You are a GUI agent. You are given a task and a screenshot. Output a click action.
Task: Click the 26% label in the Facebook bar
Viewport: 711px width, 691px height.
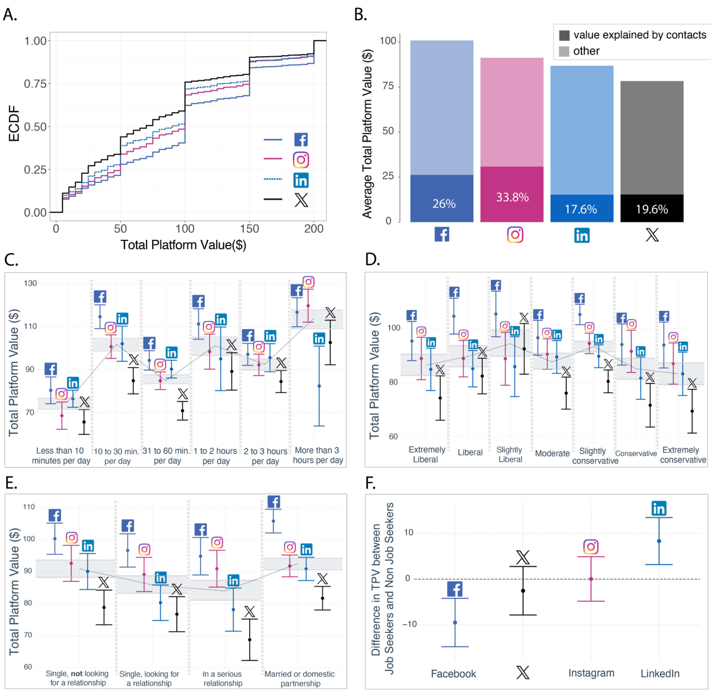[444, 204]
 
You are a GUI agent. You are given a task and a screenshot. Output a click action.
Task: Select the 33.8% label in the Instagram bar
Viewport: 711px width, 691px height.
[512, 197]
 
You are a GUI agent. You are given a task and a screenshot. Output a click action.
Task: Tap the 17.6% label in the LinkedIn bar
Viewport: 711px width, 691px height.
[581, 209]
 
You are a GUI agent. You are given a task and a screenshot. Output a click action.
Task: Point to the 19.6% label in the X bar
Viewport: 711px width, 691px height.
[652, 209]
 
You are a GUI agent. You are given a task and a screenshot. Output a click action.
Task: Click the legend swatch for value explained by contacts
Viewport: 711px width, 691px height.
[564, 35]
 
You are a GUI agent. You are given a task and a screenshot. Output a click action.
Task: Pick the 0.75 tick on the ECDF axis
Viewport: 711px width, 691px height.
[35, 84]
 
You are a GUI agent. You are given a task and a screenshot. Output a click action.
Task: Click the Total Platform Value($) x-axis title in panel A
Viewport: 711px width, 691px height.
[184, 245]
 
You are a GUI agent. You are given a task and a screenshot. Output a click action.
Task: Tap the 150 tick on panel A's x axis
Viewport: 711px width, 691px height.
[250, 229]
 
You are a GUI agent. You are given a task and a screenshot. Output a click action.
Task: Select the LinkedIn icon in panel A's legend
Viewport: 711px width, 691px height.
[301, 180]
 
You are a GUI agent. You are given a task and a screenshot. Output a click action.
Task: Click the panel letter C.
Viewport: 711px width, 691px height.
[11, 260]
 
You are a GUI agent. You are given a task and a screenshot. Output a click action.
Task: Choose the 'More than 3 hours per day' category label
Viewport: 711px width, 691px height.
[318, 455]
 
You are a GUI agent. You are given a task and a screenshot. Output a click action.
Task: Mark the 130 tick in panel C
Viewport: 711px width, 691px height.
[30, 283]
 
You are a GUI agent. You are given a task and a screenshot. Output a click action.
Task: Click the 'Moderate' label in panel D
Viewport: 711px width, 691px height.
[552, 453]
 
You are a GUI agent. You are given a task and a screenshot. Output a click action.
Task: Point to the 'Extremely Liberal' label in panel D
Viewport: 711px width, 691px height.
[426, 454]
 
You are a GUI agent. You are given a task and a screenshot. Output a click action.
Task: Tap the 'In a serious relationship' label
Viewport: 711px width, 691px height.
[223, 678]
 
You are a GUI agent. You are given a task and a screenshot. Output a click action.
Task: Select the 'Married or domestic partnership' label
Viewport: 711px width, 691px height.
[300, 678]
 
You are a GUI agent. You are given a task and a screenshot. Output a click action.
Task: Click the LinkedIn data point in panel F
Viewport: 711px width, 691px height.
[659, 541]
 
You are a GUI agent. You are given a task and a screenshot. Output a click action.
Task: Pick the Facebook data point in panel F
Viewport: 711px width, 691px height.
[455, 623]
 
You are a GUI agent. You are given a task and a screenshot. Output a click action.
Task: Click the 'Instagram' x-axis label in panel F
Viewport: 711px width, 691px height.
[591, 673]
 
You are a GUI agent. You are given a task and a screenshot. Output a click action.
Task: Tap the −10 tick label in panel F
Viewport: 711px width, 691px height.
[409, 624]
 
